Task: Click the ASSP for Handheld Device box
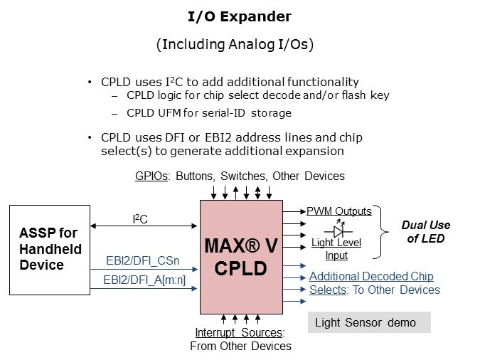coord(49,250)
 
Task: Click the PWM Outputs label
coord(339,211)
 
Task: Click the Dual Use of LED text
coord(426,232)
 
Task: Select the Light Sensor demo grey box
coord(370,322)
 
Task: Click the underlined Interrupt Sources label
coord(240,333)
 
